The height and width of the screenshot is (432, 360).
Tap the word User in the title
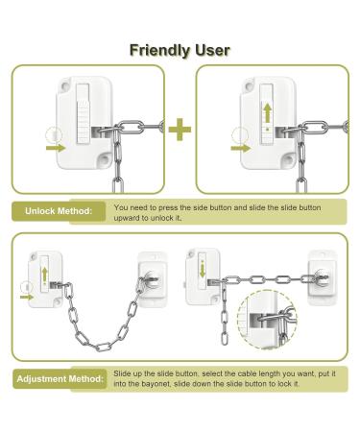[210, 50]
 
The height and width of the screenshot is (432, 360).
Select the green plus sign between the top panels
[180, 129]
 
